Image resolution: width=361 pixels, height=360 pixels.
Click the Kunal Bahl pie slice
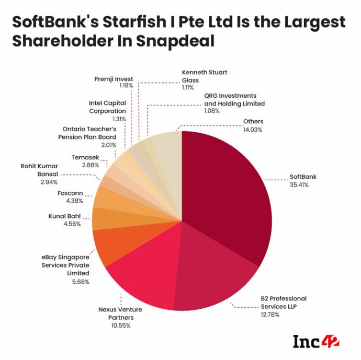pos(104,218)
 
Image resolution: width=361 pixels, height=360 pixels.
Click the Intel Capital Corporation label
pos(107,107)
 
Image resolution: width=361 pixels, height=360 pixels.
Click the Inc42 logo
pos(315,341)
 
